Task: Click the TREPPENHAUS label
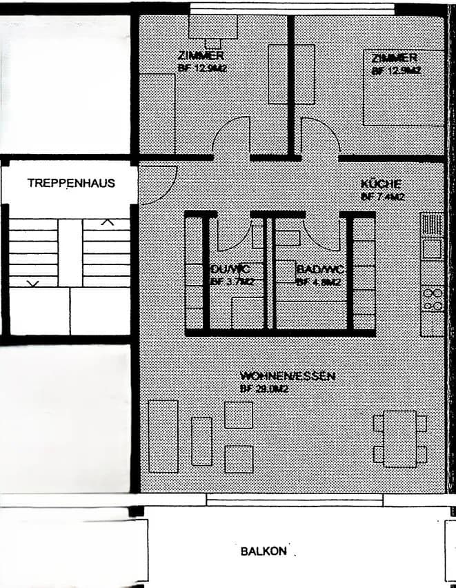tap(71, 183)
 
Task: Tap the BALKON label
tap(264, 551)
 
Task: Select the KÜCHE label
tap(381, 184)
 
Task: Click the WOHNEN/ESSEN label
tap(287, 376)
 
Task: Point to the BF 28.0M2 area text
tap(264, 389)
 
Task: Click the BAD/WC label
tap(319, 269)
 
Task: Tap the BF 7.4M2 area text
tap(382, 197)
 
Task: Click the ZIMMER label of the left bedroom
tap(200, 55)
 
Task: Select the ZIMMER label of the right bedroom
tap(394, 57)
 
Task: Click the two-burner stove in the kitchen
tap(433, 298)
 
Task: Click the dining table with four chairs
tap(399, 437)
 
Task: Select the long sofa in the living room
tap(163, 436)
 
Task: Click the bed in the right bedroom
tap(404, 88)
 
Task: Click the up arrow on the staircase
tap(107, 222)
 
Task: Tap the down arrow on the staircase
tap(32, 282)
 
